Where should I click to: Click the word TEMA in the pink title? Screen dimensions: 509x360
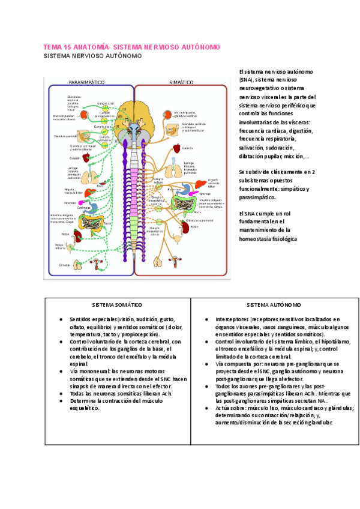tap(52, 46)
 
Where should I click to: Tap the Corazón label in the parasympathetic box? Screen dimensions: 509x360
tap(66, 158)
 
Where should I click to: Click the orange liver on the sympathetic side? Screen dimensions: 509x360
tap(196, 182)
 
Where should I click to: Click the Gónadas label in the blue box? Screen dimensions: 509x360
tap(64, 264)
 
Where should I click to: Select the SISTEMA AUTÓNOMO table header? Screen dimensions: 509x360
tap(274, 305)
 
